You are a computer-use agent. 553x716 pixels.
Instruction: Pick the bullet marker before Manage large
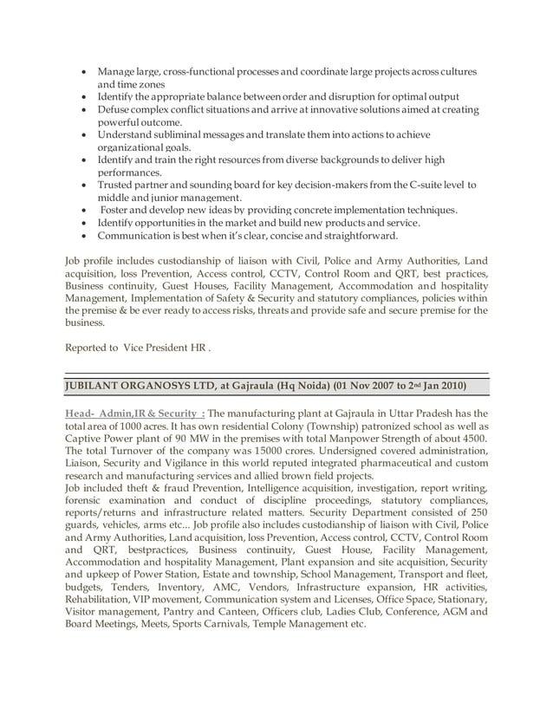coord(82,70)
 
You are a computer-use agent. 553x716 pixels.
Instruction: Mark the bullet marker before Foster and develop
coord(82,210)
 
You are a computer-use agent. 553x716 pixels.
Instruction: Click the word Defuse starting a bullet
coord(114,110)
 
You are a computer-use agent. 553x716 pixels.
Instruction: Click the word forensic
coord(87,501)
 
